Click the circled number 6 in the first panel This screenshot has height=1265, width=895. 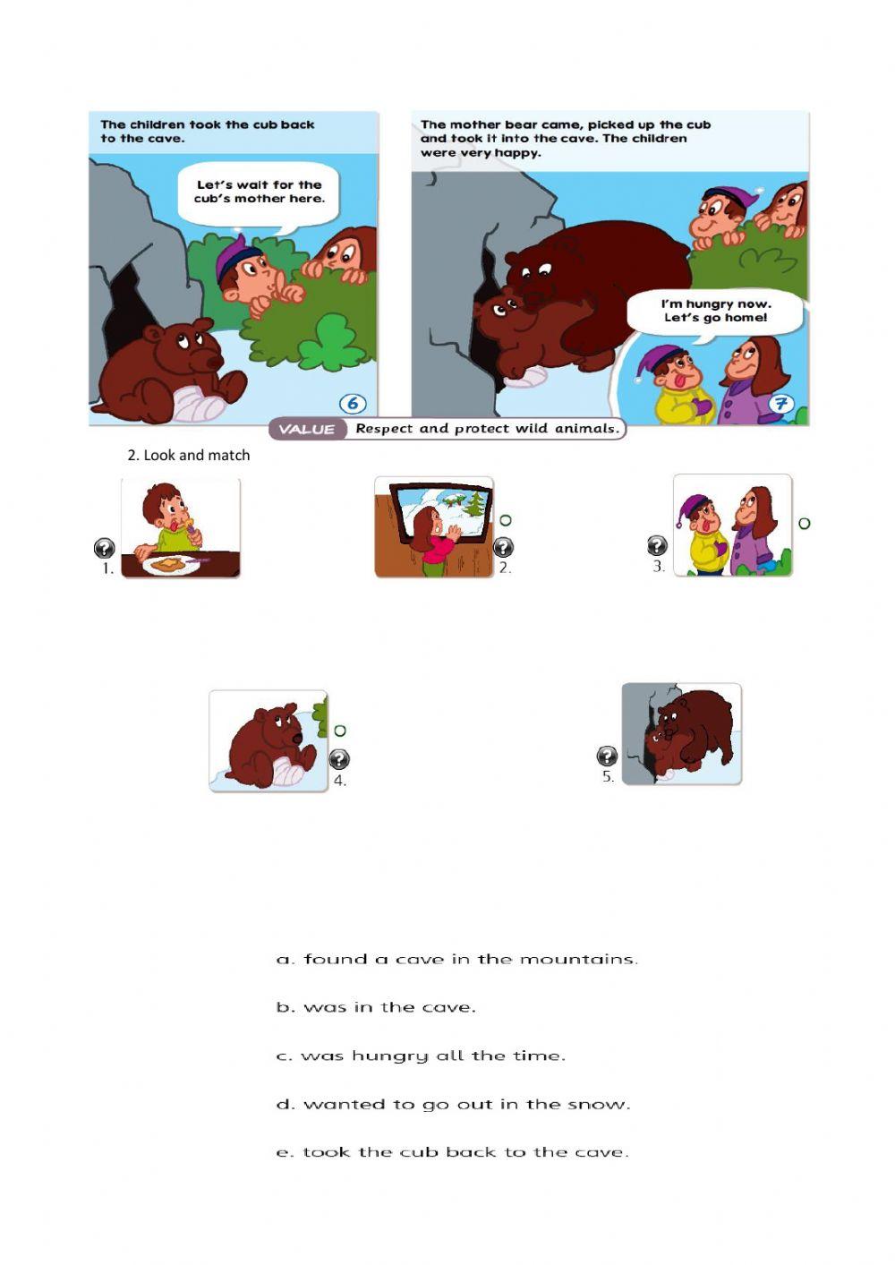(x=353, y=404)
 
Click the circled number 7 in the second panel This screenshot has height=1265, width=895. (x=780, y=404)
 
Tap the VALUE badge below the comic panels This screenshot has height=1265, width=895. (x=307, y=430)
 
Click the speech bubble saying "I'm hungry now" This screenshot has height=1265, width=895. (x=714, y=312)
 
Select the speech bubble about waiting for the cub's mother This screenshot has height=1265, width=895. (x=259, y=192)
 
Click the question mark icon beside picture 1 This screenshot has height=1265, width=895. (x=104, y=548)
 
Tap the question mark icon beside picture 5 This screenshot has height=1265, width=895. (x=607, y=756)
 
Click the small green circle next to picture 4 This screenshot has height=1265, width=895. (x=340, y=731)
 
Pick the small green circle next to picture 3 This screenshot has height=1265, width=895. (x=804, y=523)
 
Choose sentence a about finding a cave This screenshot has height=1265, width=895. (x=457, y=960)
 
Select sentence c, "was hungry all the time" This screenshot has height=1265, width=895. (x=421, y=1056)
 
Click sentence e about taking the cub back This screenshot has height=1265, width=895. (x=453, y=1153)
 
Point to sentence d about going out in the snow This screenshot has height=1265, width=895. (x=454, y=1105)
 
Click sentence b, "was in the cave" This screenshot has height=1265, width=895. (x=376, y=1008)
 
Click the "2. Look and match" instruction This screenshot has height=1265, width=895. (x=188, y=455)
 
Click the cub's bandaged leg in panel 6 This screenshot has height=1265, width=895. (x=199, y=406)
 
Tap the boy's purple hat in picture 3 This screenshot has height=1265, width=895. (x=695, y=508)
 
